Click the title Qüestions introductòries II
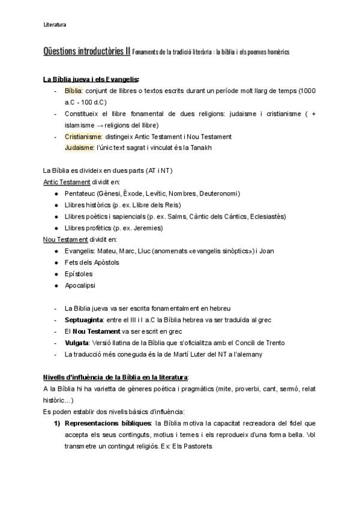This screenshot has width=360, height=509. click(86, 52)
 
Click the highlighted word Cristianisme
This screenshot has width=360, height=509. click(84, 137)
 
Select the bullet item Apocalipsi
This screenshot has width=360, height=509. click(80, 285)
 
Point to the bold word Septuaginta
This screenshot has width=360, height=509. click(84, 320)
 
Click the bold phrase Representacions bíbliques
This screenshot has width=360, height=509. click(107, 423)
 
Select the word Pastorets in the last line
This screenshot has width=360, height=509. click(197, 446)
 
